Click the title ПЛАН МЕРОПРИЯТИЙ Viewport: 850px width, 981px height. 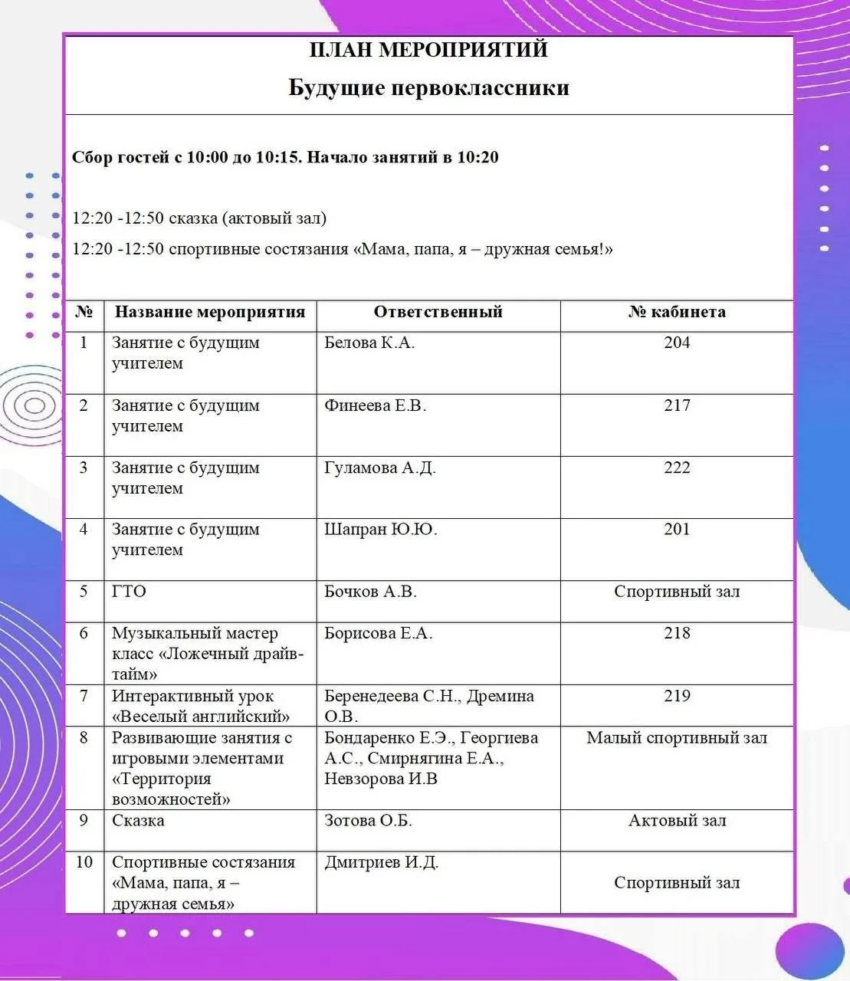tap(428, 50)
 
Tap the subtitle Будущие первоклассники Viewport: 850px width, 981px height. tap(428, 87)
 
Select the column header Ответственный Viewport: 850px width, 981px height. tap(438, 312)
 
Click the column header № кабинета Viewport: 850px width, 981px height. tap(677, 312)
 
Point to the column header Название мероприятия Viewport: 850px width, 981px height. tap(209, 312)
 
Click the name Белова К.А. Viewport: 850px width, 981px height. tap(369, 343)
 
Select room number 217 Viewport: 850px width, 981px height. tap(677, 405)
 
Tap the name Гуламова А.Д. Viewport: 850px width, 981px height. tap(379, 468)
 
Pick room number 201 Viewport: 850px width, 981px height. tap(677, 529)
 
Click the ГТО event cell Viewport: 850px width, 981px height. tap(129, 592)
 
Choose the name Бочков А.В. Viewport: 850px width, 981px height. tap(370, 592)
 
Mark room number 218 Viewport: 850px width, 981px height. tap(677, 633)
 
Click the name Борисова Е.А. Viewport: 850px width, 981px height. tap(378, 633)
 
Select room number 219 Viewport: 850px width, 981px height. tap(677, 696)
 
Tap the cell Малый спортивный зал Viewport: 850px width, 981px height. tap(677, 738)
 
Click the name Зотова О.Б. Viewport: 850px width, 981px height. tap(368, 821)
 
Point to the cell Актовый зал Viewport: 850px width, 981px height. tap(677, 821)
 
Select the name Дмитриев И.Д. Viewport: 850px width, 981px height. tap(381, 862)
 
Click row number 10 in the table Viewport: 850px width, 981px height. tap(84, 862)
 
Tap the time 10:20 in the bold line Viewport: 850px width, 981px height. tap(478, 158)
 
